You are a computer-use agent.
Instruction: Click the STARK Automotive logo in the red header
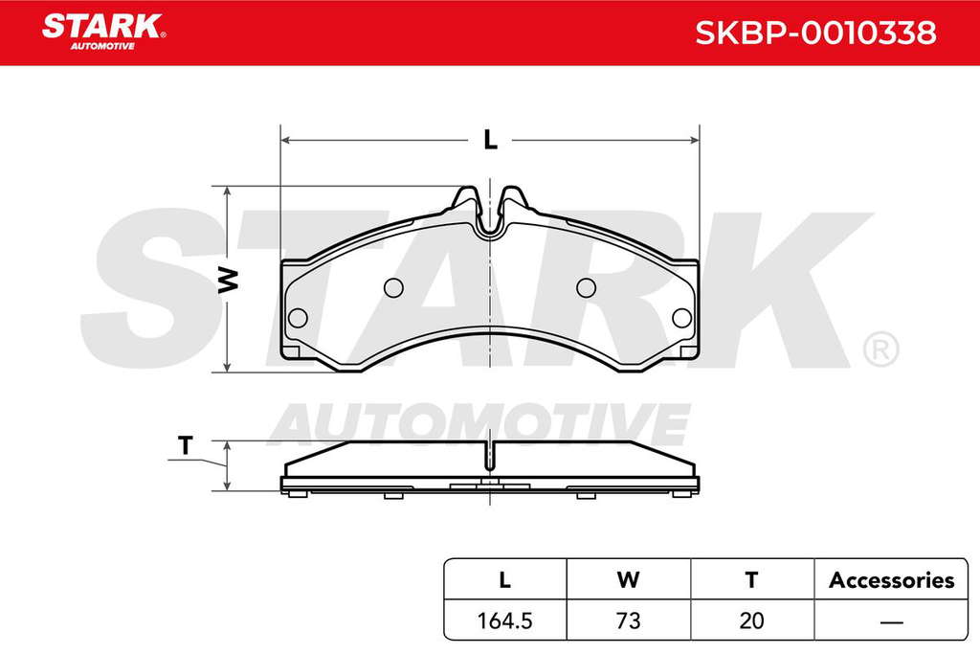tap(103, 32)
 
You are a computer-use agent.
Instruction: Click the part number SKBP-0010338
tap(815, 33)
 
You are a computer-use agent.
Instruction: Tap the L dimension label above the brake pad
tap(491, 140)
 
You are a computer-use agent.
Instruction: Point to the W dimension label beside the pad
tap(228, 280)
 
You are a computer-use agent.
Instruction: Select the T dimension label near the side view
tap(185, 446)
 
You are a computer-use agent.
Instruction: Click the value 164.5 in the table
tap(504, 620)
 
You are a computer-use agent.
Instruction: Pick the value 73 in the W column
tap(628, 620)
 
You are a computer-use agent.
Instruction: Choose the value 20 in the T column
tap(751, 620)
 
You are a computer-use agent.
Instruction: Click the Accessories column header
tap(891, 580)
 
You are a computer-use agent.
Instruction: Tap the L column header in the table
tap(504, 580)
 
